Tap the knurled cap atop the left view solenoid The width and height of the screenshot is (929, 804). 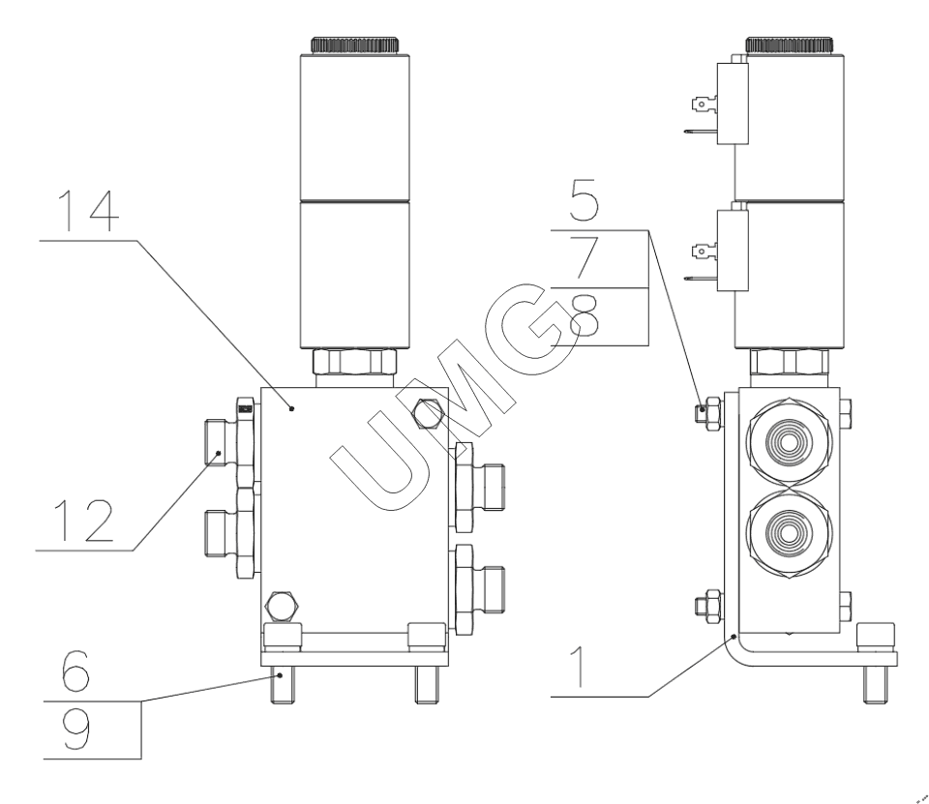(354, 44)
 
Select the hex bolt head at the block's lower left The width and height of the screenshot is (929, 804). (280, 606)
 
